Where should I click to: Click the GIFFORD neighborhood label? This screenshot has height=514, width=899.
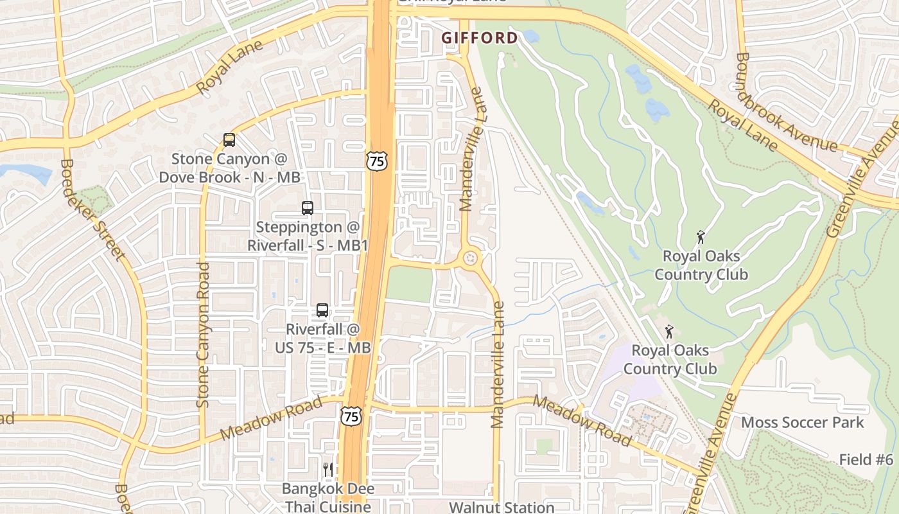[479, 38]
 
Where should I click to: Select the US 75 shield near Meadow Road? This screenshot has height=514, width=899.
[351, 416]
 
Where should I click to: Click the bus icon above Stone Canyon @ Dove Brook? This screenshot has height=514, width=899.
[229, 139]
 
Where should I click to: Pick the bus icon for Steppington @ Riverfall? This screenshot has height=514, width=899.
[308, 208]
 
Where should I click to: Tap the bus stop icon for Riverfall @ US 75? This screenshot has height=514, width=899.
[322, 310]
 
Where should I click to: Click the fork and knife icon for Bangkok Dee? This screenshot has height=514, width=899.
[328, 470]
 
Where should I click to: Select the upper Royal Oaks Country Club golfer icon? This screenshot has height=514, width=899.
[701, 237]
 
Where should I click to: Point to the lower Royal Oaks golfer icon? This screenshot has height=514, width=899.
[670, 332]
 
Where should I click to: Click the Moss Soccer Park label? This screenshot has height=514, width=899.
[803, 422]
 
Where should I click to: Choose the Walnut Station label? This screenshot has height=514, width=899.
[501, 507]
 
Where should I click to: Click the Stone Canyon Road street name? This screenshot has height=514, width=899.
[204, 334]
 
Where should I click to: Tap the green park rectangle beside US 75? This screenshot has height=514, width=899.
[410, 284]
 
